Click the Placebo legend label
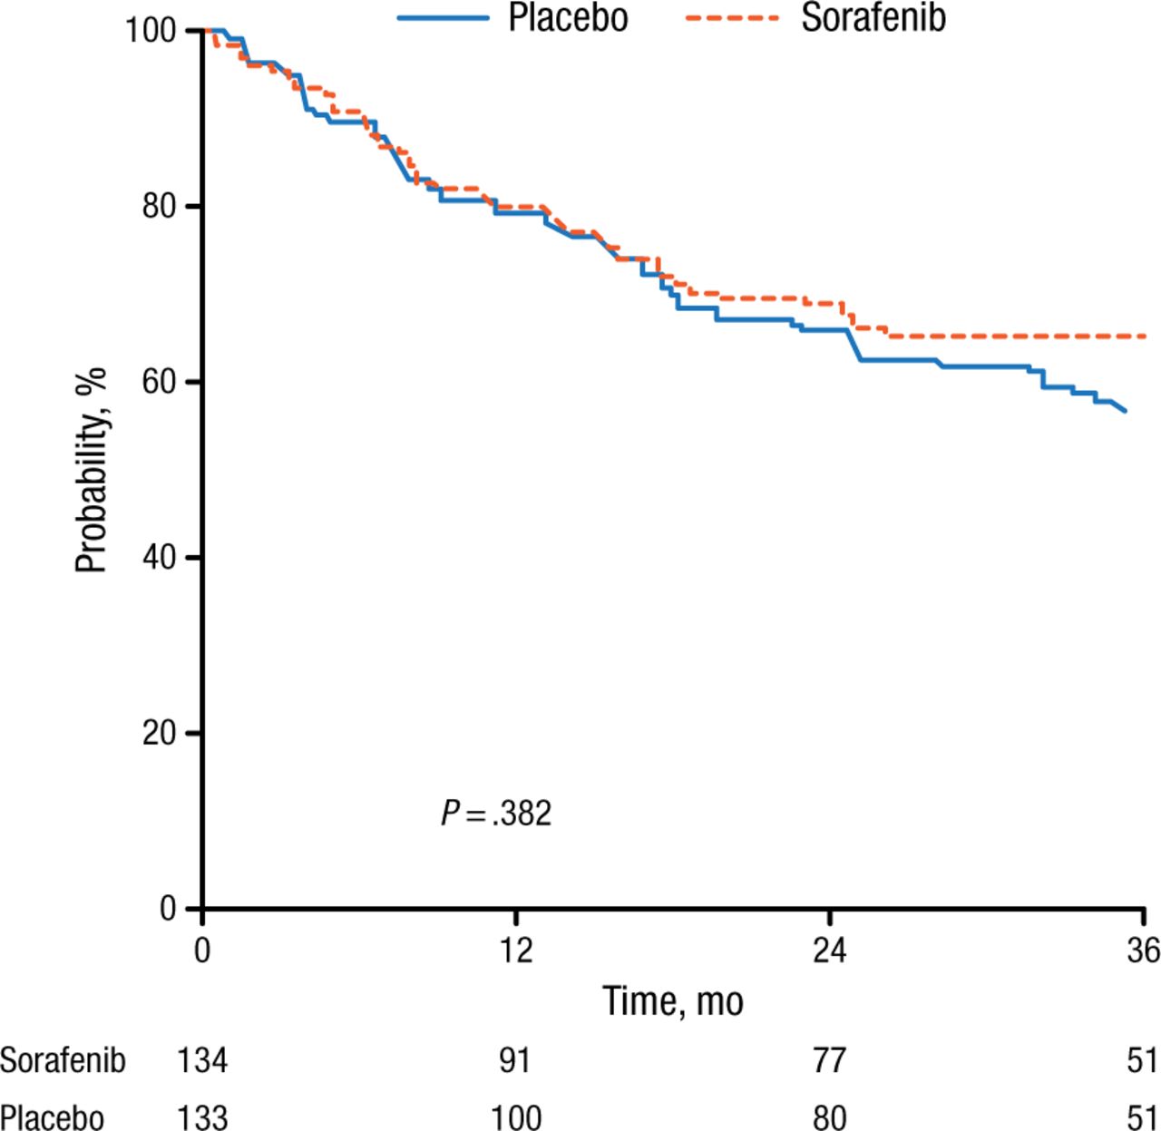tap(568, 18)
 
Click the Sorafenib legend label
tap(873, 18)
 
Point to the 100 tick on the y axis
tap(151, 31)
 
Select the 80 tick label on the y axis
tap(159, 206)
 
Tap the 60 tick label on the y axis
tap(159, 382)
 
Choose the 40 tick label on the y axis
tap(159, 557)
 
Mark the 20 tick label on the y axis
tap(159, 733)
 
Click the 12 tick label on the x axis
tap(515, 950)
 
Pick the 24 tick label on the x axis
tap(829, 950)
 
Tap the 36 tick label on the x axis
tap(1143, 950)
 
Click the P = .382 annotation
tap(496, 814)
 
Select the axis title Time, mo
tap(673, 1001)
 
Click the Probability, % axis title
tap(92, 470)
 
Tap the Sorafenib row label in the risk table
tap(63, 1060)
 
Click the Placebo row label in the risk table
tap(52, 1117)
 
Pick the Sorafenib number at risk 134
tap(201, 1060)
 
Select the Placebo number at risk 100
tap(515, 1117)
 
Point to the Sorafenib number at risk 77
tap(829, 1060)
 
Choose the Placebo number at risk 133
tap(201, 1117)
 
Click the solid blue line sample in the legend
tap(443, 18)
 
